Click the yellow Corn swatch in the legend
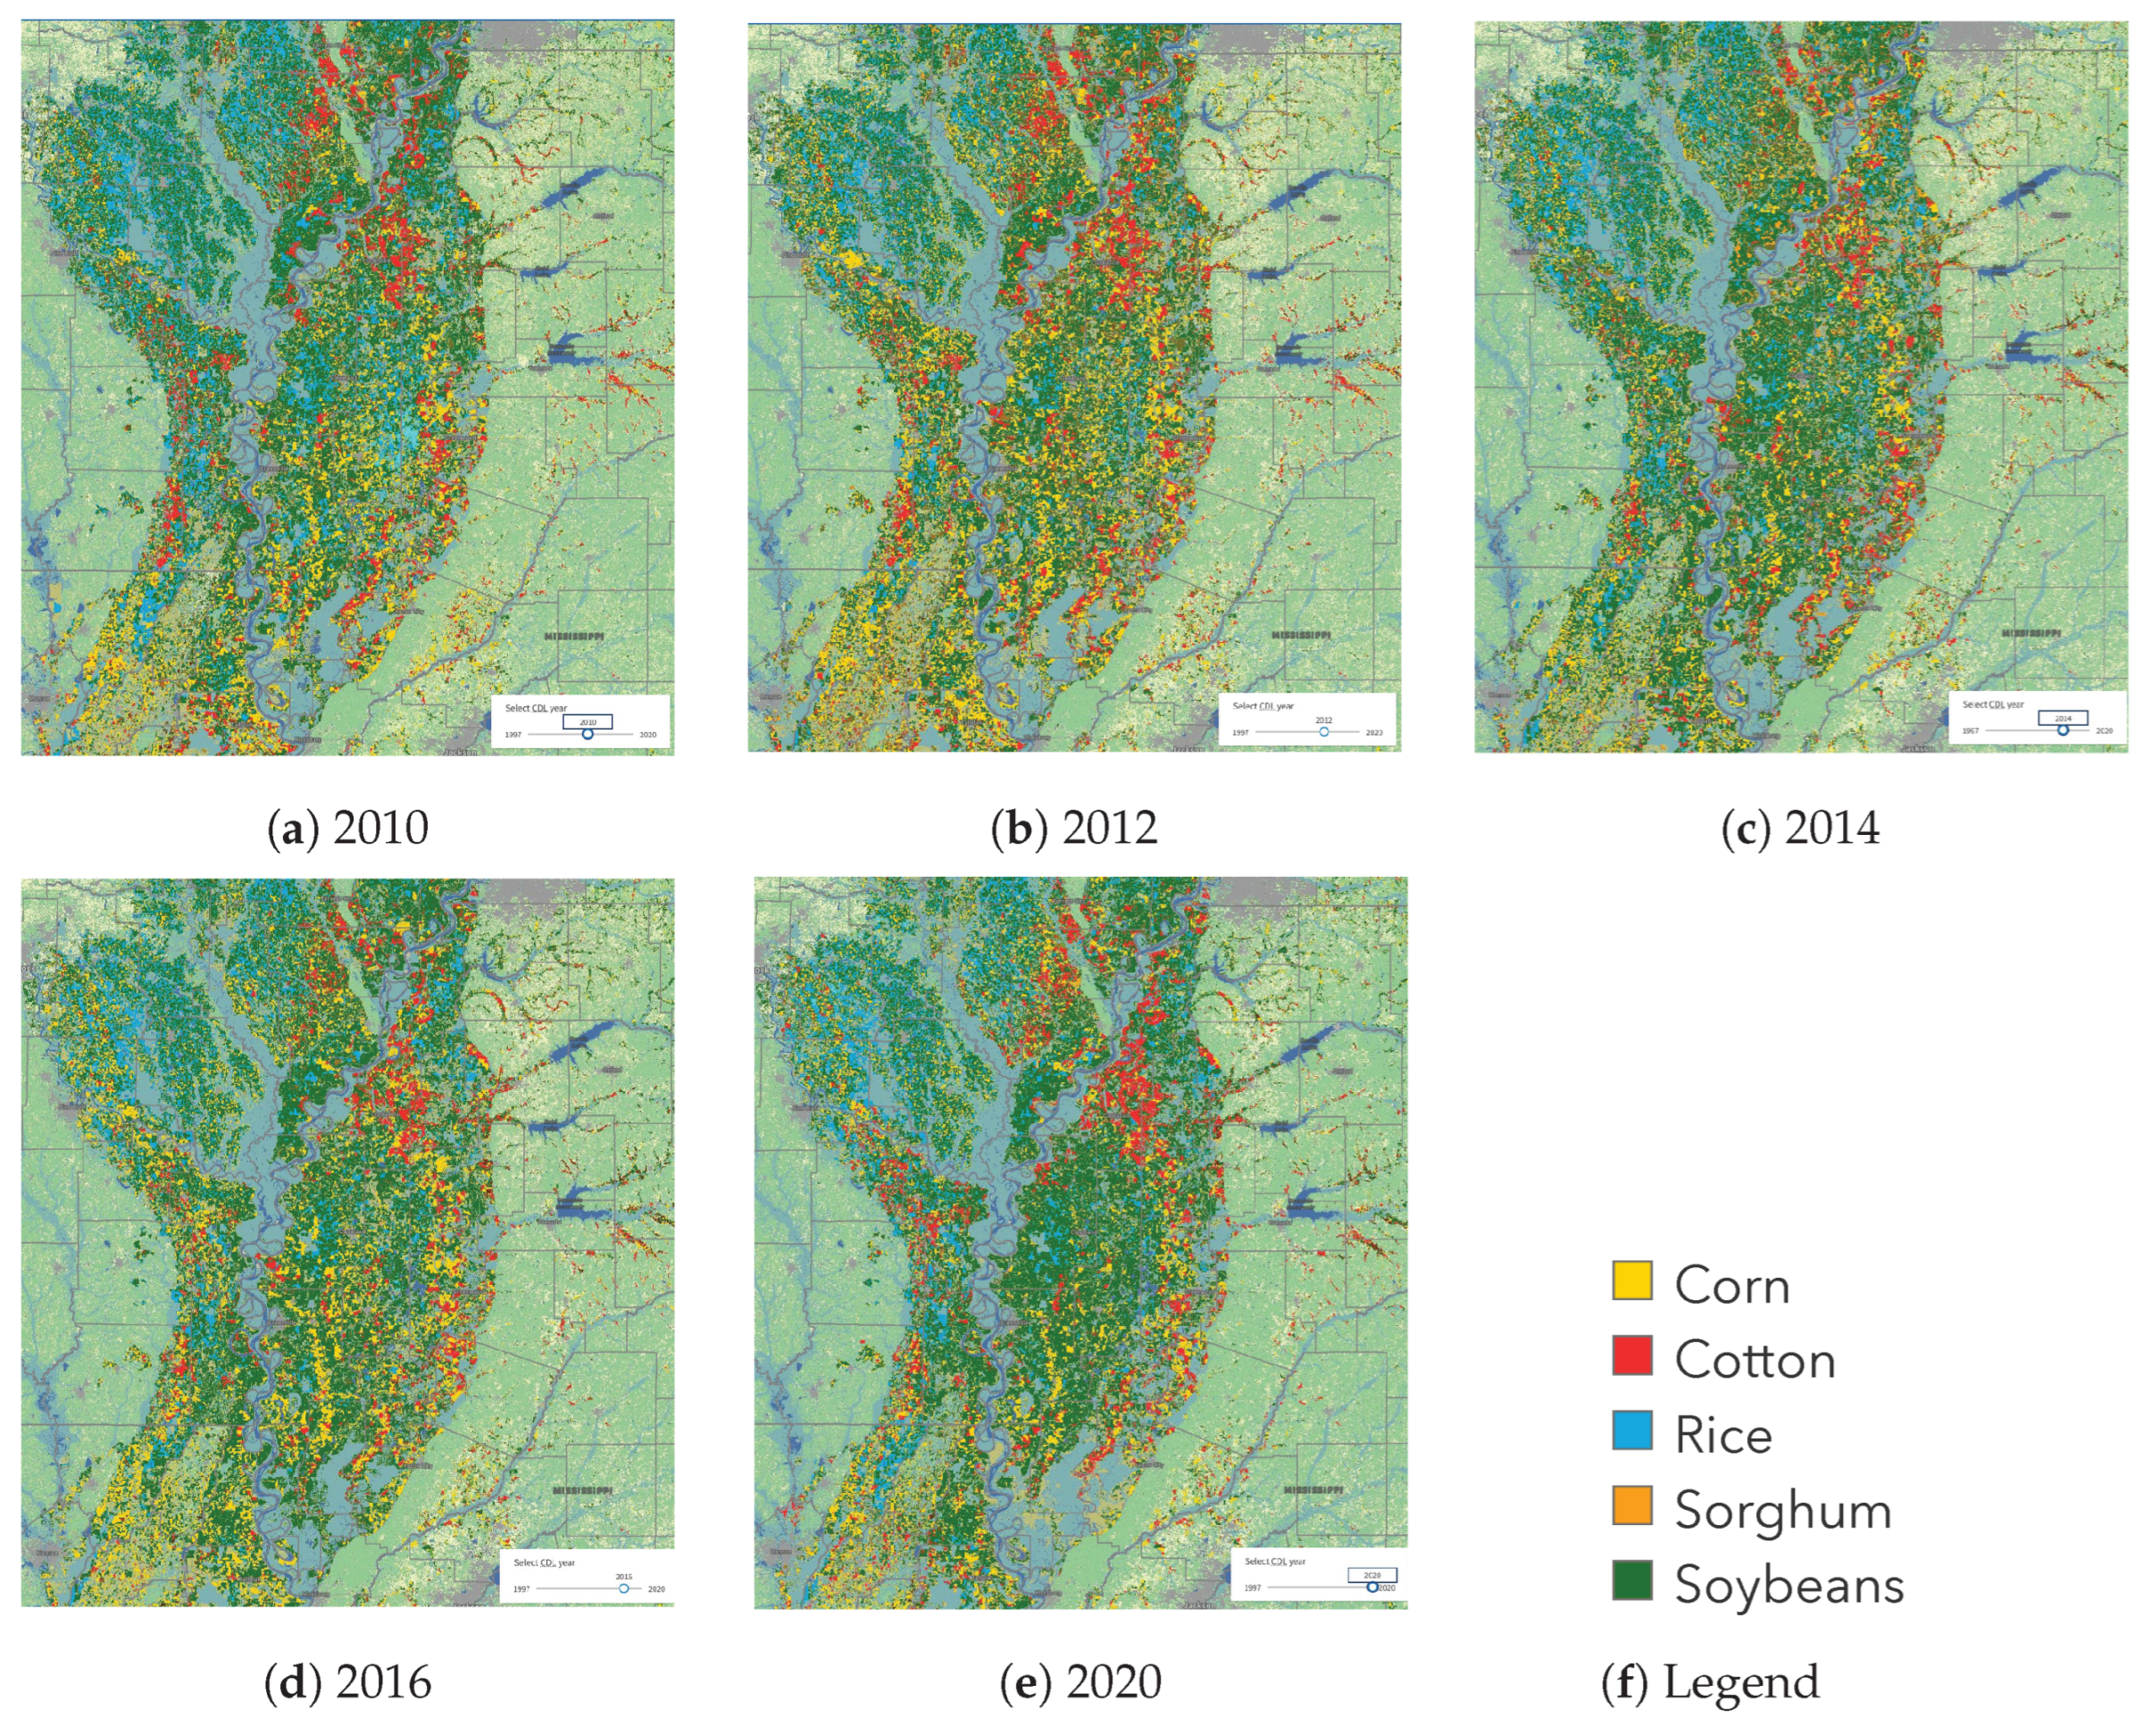(1631, 1280)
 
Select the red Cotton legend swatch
(1631, 1355)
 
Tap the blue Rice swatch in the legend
(1631, 1430)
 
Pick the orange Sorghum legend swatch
(1631, 1505)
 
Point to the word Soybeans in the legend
(1788, 1585)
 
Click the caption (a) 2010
(347, 828)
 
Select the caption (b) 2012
(1074, 828)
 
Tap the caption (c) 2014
(1800, 828)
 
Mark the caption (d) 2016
(347, 1681)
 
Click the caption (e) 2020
(1080, 1681)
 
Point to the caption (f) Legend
(1710, 1681)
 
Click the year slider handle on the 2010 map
(588, 734)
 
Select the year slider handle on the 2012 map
(1323, 731)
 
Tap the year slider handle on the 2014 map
(2063, 730)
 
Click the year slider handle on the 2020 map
(1372, 1587)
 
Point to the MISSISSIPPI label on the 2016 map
(582, 1490)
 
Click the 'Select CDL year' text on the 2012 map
(1263, 706)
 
